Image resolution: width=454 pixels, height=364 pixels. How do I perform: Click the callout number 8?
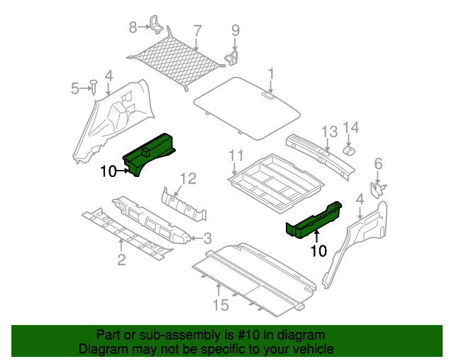[x=132, y=28]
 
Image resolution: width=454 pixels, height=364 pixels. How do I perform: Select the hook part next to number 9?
[x=232, y=54]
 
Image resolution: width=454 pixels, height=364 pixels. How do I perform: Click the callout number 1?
[x=271, y=73]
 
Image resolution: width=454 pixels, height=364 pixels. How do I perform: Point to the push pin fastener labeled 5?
[x=93, y=87]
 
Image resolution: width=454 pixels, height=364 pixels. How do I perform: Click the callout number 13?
[x=328, y=131]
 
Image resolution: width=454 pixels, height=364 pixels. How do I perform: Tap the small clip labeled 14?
[x=350, y=150]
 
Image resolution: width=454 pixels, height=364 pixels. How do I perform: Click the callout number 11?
[x=236, y=156]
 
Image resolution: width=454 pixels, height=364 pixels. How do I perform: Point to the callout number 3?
[x=206, y=237]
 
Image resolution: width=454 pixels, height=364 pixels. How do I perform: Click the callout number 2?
[x=121, y=259]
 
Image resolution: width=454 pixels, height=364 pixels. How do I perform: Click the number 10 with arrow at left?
[x=108, y=171]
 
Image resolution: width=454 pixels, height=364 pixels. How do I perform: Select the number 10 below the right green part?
[x=319, y=251]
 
